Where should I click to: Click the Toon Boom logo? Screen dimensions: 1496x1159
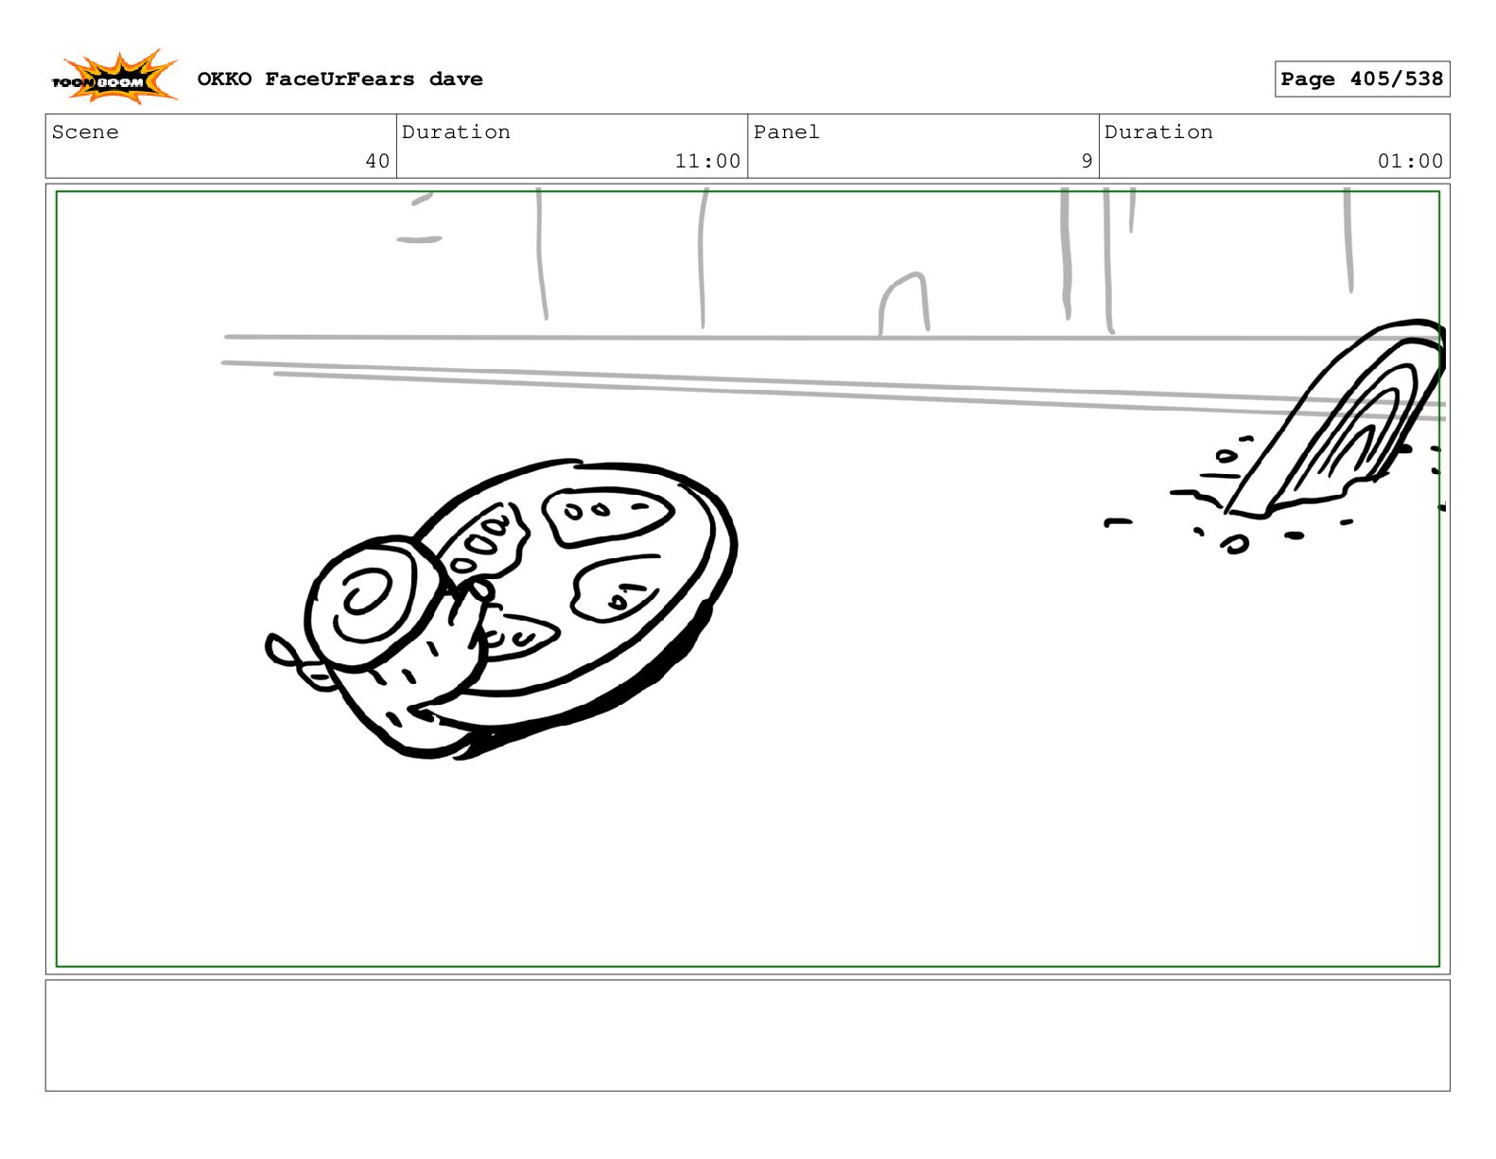[x=114, y=78]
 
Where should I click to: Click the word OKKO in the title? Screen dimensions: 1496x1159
[x=224, y=79]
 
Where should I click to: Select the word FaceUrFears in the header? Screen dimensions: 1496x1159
[x=339, y=79]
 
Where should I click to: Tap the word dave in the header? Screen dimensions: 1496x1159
[x=456, y=79]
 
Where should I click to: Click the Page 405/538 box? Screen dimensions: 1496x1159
[x=1361, y=79]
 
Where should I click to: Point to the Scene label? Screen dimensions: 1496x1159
[x=85, y=132]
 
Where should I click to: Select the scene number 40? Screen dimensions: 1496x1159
[x=377, y=161]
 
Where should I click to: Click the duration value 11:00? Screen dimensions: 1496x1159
[x=707, y=161]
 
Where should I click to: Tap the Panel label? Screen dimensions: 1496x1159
[x=786, y=132]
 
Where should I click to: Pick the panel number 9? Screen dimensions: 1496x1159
[x=1087, y=161]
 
